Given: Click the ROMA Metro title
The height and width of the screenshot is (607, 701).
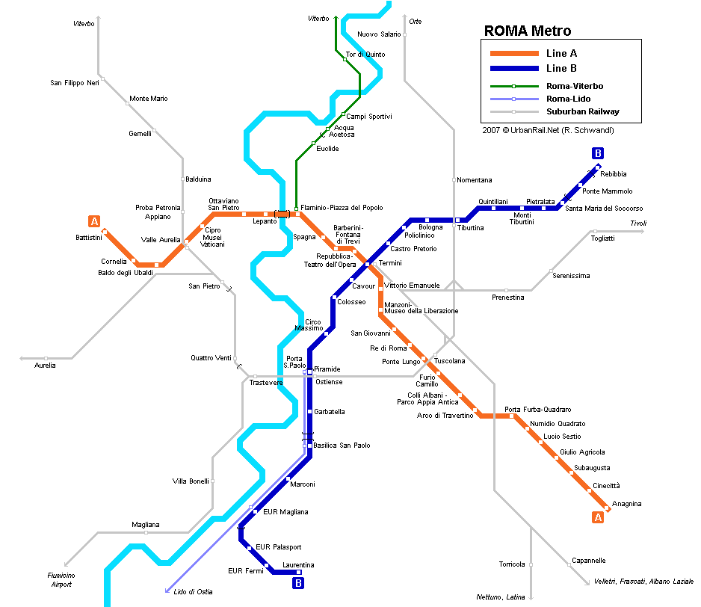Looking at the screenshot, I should click(x=528, y=31).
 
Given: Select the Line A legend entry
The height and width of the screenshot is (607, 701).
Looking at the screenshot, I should click(x=561, y=54).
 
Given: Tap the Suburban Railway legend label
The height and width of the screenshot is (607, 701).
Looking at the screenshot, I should click(x=583, y=112).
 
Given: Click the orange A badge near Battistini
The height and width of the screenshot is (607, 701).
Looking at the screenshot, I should click(x=94, y=221).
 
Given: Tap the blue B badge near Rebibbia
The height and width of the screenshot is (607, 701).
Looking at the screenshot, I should click(x=597, y=153).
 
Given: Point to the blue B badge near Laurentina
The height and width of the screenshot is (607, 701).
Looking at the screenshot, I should click(x=298, y=583).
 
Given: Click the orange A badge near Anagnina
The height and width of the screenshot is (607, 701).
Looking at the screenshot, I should click(x=597, y=517).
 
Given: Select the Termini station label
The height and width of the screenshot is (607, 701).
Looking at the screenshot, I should click(x=390, y=263).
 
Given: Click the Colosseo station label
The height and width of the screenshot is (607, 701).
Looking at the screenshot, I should click(x=351, y=302).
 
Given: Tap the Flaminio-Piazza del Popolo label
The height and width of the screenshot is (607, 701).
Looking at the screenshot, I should click(x=336, y=208).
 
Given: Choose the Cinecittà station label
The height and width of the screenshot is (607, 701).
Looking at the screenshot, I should click(x=606, y=486).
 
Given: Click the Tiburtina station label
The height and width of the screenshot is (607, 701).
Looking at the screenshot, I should click(x=471, y=228).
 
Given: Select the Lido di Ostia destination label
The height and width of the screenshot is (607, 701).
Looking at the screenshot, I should click(x=193, y=592).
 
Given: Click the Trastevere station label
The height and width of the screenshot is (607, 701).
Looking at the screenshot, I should click(x=266, y=383).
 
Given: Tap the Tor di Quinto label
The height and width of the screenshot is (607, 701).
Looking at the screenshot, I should click(x=365, y=55).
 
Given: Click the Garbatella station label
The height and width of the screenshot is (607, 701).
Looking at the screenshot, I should click(x=329, y=412).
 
